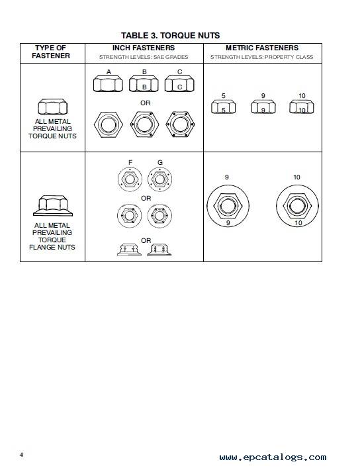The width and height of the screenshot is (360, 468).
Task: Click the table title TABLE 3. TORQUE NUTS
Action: (x=171, y=36)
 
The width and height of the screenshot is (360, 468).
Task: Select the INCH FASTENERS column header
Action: (x=144, y=48)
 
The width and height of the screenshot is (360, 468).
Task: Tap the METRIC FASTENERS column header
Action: (x=262, y=48)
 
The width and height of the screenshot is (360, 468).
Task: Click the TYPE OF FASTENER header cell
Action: (x=51, y=52)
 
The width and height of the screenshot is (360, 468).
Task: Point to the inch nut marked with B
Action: (x=144, y=84)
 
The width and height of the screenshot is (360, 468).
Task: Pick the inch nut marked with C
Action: (x=179, y=84)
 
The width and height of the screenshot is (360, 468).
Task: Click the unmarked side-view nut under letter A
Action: (x=108, y=84)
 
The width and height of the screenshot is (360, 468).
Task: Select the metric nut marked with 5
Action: (x=223, y=107)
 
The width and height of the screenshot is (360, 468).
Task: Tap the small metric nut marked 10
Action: (x=302, y=107)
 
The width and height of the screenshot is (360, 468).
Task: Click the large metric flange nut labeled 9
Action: (x=228, y=206)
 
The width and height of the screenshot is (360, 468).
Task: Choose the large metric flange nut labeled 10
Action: (x=297, y=206)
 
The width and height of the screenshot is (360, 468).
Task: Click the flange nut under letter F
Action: (x=130, y=179)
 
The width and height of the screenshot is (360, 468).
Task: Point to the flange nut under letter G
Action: (x=159, y=179)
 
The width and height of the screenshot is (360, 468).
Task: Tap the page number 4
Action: (x=21, y=455)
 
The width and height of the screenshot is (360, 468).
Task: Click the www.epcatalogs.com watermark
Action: (x=273, y=457)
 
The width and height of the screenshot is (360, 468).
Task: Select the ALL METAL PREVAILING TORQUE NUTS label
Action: (x=52, y=128)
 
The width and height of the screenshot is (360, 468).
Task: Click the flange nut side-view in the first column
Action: (x=53, y=206)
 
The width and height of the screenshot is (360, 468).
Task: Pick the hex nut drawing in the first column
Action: (x=53, y=107)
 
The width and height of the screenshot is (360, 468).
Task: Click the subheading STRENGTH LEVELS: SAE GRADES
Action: (x=144, y=57)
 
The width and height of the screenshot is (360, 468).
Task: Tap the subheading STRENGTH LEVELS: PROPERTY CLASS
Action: (x=262, y=57)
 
